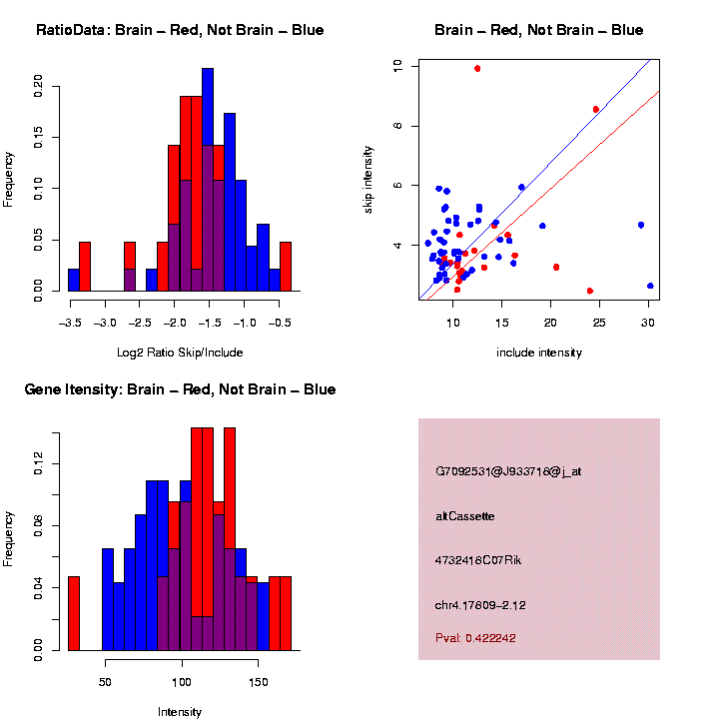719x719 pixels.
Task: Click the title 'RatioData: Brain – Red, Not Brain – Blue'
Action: [x=180, y=30]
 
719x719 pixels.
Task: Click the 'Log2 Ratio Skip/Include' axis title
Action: [x=180, y=352]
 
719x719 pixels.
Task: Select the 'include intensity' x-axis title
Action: [x=538, y=352]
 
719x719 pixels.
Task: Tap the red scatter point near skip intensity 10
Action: [x=477, y=68]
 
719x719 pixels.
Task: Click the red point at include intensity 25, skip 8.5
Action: [x=596, y=109]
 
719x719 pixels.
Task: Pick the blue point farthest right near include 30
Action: [x=650, y=286]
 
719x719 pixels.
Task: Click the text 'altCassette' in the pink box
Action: [x=465, y=516]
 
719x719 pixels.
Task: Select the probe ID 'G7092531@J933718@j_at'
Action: [x=507, y=470]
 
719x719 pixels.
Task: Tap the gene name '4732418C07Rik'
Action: [x=478, y=560]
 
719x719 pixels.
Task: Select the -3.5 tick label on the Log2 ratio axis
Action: [x=70, y=324]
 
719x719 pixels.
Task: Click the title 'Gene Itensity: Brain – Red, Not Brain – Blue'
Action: [x=180, y=389]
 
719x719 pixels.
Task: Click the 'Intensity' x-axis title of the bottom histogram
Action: [x=180, y=711]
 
